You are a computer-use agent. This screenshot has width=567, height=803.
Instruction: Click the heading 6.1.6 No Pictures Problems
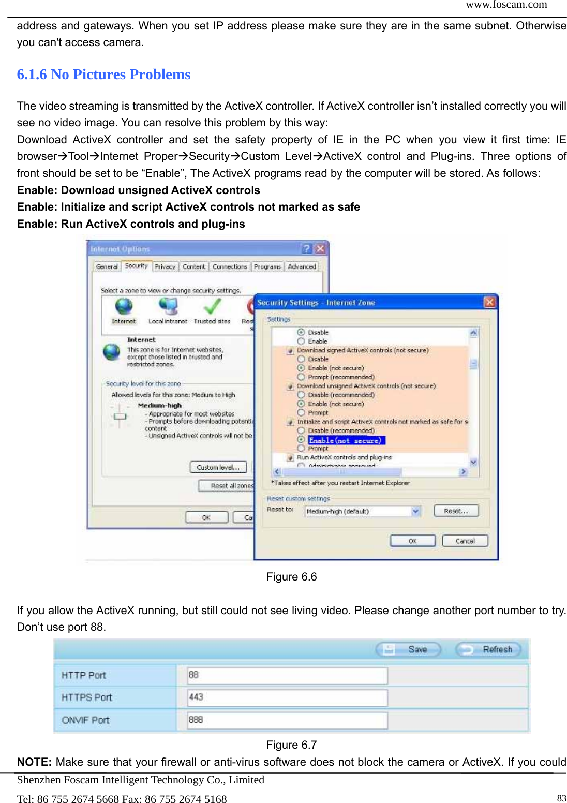(x=103, y=75)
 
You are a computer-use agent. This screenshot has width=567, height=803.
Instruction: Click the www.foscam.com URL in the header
(x=506, y=5)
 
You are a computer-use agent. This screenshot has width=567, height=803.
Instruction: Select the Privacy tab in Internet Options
(x=165, y=266)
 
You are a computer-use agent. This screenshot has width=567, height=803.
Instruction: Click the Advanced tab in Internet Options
(x=302, y=266)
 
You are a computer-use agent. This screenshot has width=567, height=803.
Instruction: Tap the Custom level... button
(x=218, y=467)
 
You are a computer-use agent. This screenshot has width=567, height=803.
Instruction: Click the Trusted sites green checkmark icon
(x=212, y=307)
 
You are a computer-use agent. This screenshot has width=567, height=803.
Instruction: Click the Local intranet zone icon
(x=168, y=307)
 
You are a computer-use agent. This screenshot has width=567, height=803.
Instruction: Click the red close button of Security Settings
(x=489, y=302)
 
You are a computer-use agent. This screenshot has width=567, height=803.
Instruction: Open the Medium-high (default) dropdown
(x=415, y=511)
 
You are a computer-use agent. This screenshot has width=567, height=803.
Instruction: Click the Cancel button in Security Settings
(x=465, y=541)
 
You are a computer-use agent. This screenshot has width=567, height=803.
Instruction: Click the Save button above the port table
(x=408, y=649)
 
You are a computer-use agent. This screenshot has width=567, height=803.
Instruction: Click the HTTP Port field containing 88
(x=287, y=675)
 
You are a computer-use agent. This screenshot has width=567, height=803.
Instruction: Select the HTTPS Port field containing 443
(x=287, y=697)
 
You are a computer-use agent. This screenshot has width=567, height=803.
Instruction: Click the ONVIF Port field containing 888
(x=287, y=720)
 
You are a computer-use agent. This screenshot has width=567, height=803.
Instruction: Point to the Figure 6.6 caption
(x=291, y=577)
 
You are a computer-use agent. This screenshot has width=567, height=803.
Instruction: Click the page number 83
(x=561, y=798)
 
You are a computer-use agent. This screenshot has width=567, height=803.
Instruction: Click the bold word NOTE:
(x=34, y=762)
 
